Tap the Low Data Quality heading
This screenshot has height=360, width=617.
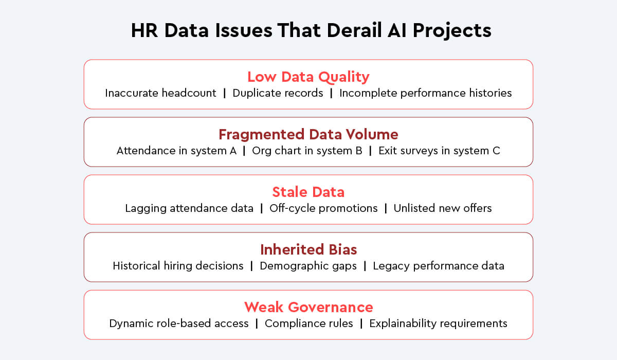308,77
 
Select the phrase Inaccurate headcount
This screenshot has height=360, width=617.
160,93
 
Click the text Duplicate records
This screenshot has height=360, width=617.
278,93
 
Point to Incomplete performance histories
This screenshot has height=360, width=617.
426,93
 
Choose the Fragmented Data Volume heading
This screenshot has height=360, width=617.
308,134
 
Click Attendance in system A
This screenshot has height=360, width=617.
176,151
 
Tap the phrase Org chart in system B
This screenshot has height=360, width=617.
307,151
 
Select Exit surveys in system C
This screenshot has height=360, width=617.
439,151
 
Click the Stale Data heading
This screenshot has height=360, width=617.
308,192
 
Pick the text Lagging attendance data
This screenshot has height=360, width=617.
189,208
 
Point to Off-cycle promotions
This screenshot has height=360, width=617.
323,208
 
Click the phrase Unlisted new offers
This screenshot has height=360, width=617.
443,208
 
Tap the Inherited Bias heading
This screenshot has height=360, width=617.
308,249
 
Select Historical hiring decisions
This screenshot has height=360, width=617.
178,266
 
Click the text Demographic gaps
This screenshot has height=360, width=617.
308,266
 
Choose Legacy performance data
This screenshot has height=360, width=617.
439,266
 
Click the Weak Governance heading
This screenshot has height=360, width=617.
308,307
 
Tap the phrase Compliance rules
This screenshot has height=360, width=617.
309,323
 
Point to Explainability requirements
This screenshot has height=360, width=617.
438,323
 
